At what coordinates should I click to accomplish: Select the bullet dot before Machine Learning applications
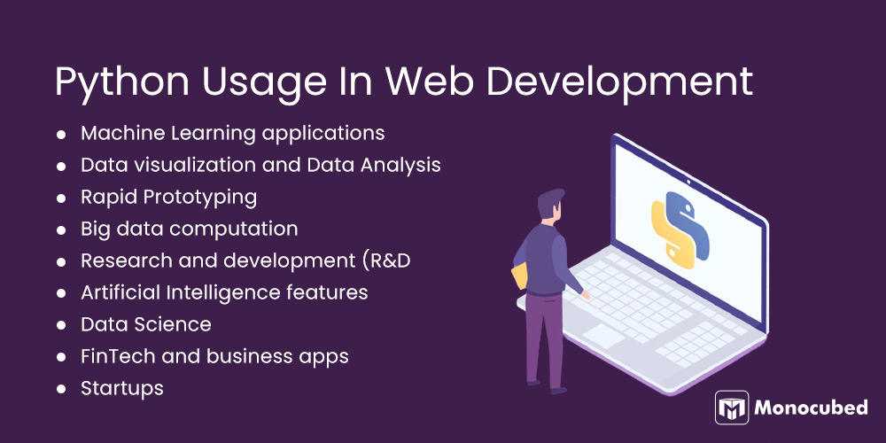(61, 135)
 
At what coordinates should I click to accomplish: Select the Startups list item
(122, 388)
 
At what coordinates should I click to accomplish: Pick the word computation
(234, 229)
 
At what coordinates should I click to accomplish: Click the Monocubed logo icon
(732, 408)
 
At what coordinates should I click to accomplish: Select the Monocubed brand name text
(812, 408)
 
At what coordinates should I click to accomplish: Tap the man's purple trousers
(543, 341)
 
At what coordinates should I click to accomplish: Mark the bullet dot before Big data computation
(61, 229)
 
